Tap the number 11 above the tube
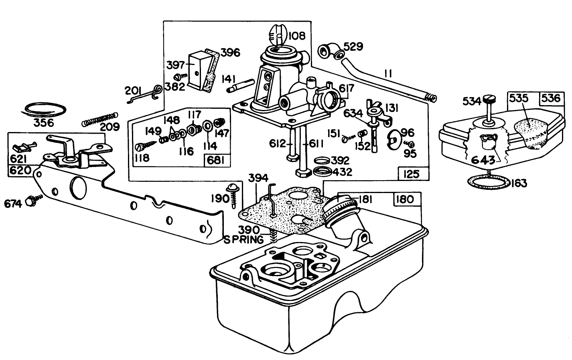[388, 73]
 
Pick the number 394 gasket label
[258, 178]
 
